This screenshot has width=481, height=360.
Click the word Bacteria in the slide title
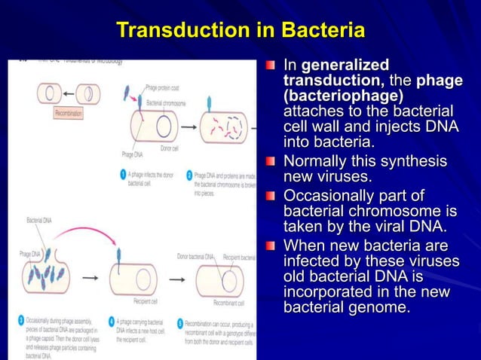click(323, 31)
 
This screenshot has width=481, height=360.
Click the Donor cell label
click(170, 148)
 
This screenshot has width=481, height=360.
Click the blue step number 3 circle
click(20, 320)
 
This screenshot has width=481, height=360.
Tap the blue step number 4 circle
click(109, 320)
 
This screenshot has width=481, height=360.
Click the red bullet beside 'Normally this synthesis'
click(271, 161)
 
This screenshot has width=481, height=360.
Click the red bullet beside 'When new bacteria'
click(271, 246)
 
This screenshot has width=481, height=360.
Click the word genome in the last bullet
click(380, 307)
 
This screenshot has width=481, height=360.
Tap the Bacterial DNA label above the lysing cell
click(39, 220)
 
